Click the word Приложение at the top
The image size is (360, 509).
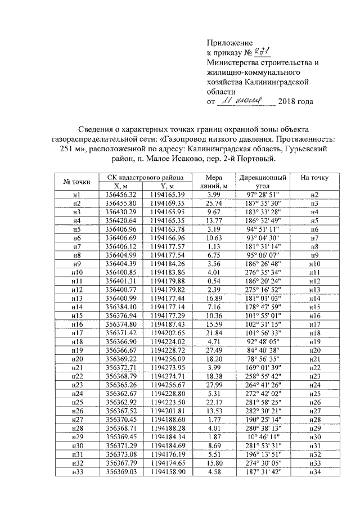tap(229, 42)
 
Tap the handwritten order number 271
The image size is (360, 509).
tap(262, 52)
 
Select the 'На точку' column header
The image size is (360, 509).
tap(314, 178)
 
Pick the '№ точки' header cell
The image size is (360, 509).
tap(77, 181)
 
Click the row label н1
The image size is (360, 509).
tap(77, 195)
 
